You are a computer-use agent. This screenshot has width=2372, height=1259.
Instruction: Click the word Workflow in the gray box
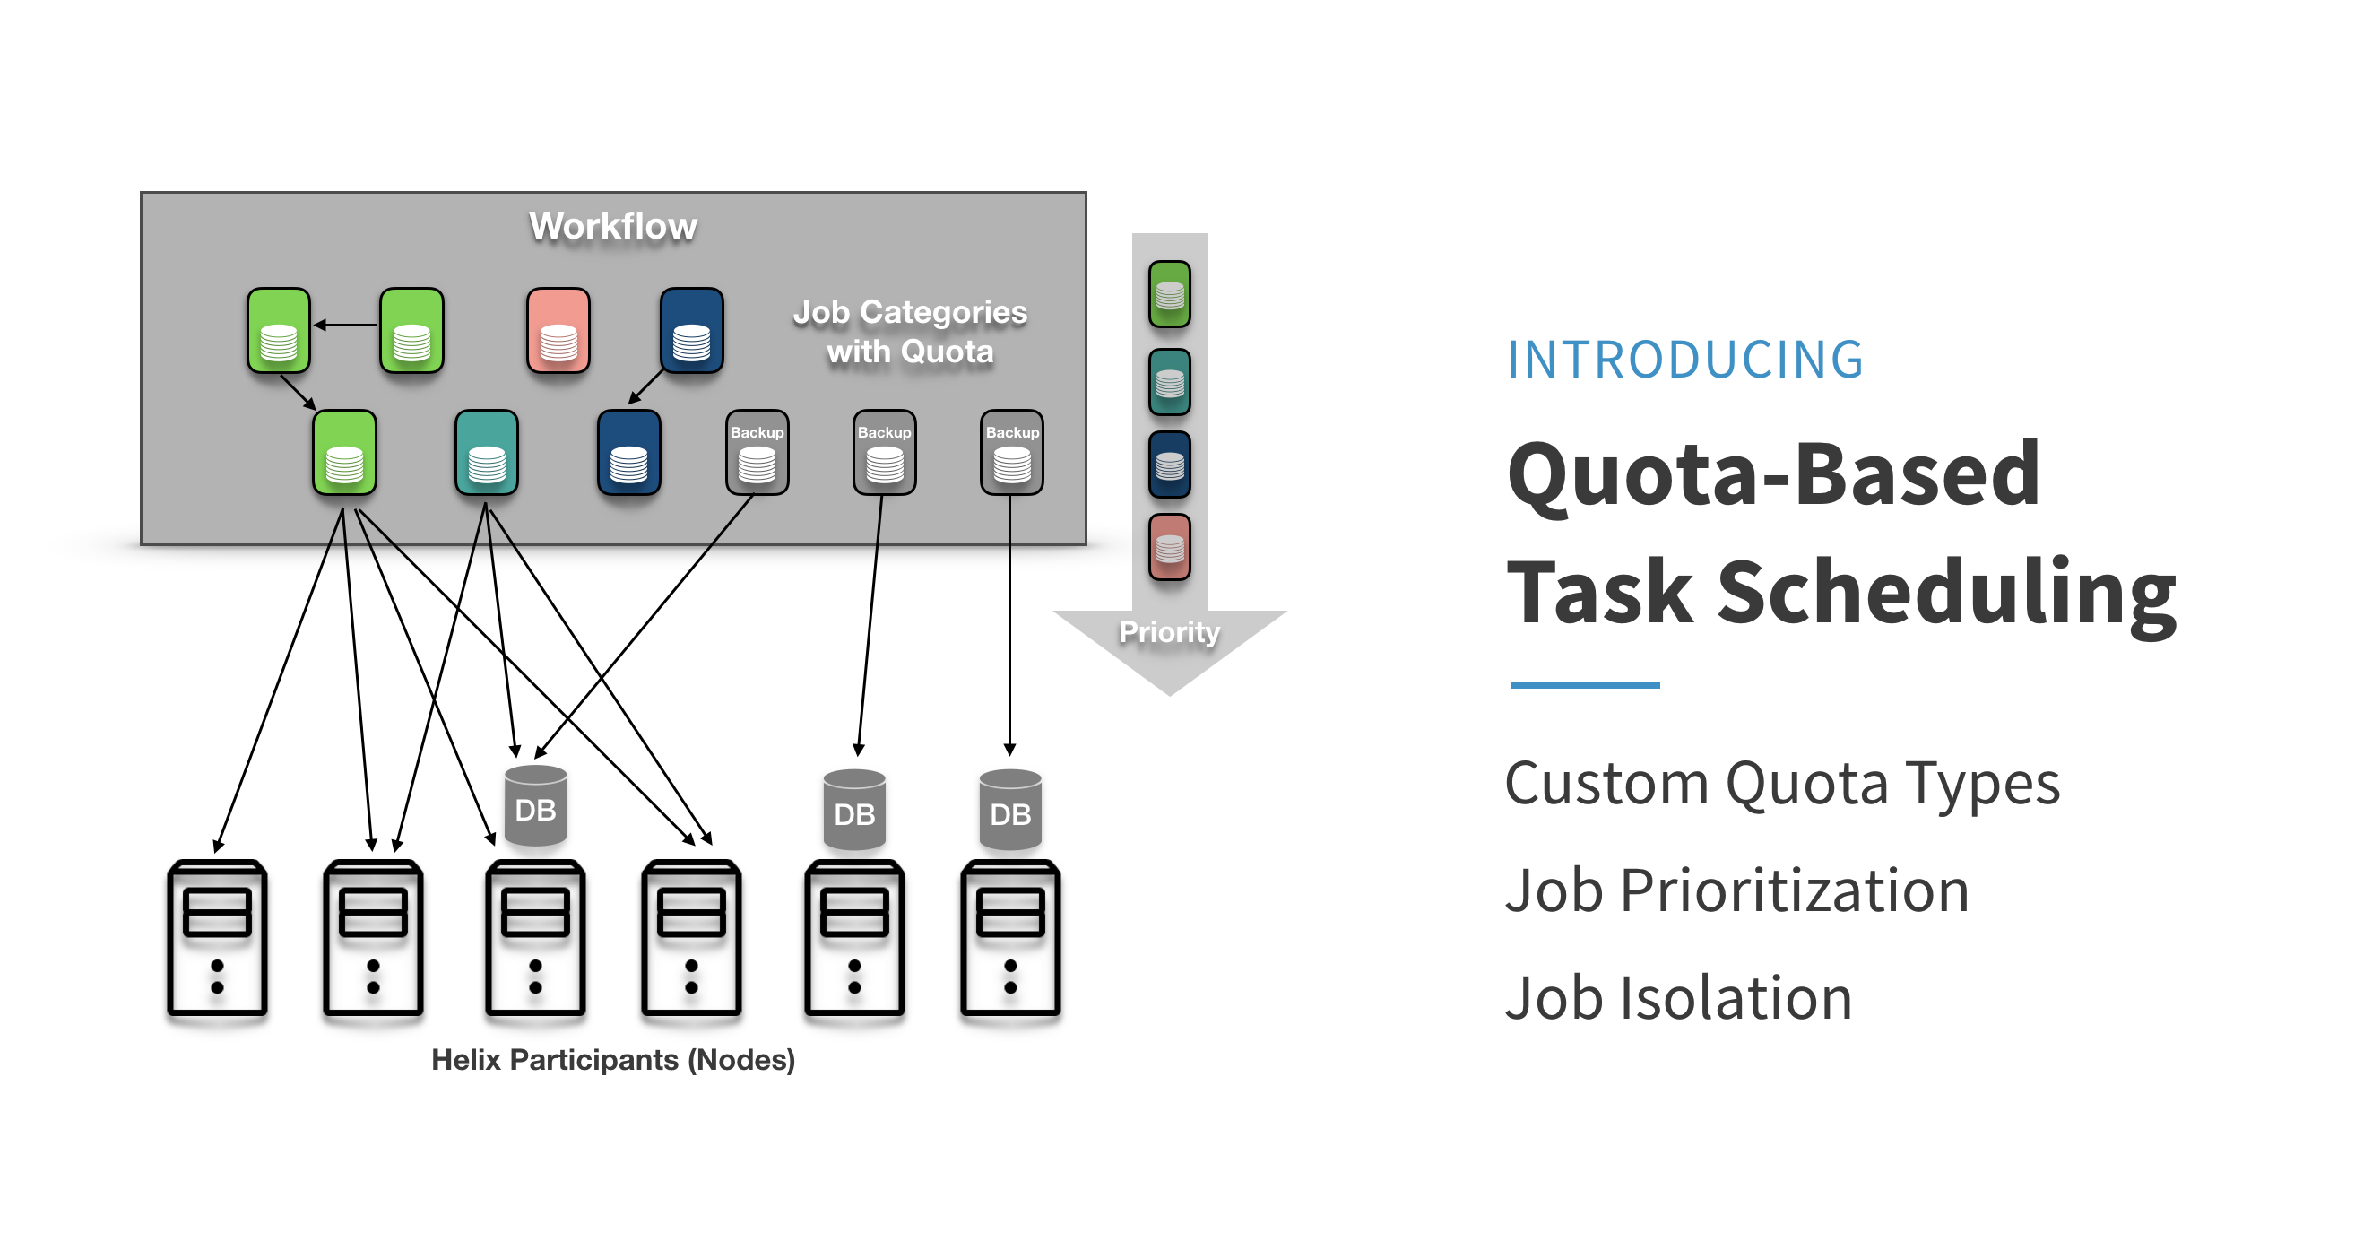[x=612, y=226]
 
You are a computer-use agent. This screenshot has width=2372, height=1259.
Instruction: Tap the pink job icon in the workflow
[x=558, y=330]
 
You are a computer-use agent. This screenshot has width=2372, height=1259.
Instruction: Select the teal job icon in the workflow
[x=486, y=452]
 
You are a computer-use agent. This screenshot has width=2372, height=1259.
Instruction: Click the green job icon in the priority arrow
[x=1170, y=294]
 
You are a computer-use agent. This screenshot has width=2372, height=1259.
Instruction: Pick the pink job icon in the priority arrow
[x=1170, y=547]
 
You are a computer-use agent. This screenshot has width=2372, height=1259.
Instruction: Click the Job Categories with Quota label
[x=910, y=332]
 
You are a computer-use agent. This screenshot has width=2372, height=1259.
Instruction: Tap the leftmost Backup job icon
[x=757, y=452]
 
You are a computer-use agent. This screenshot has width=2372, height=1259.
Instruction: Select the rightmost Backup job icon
[x=1012, y=452]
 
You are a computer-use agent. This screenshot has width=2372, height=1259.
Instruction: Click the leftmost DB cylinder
[x=536, y=806]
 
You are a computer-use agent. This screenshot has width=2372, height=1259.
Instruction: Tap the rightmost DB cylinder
[x=1010, y=811]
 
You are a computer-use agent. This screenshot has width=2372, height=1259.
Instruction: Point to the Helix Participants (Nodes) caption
[x=613, y=1059]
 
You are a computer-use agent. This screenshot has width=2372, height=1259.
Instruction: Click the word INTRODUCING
[x=1684, y=360]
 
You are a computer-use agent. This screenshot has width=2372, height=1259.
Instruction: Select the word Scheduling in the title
[x=1945, y=591]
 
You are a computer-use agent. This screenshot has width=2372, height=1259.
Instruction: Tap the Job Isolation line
[x=1678, y=997]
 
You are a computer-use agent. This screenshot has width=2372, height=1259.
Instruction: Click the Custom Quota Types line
[x=1782, y=784]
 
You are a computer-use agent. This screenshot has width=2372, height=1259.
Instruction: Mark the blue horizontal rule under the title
[x=1585, y=684]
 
